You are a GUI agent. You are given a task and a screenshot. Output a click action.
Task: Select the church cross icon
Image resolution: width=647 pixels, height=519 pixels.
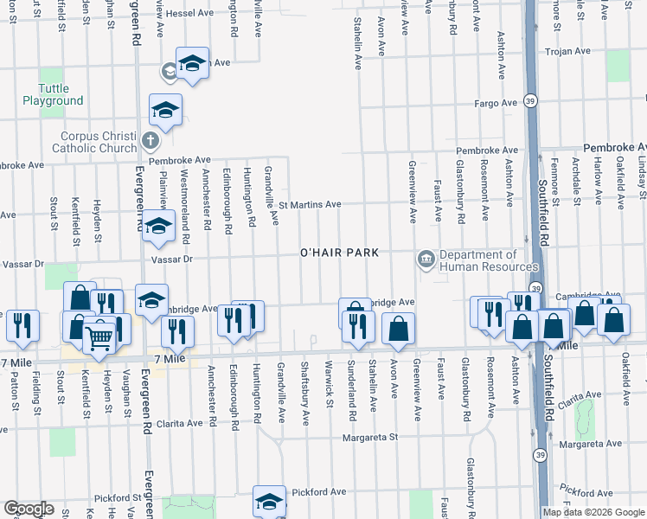(x=150, y=139)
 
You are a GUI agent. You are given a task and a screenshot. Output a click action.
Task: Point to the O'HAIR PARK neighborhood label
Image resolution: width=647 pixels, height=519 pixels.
(x=339, y=253)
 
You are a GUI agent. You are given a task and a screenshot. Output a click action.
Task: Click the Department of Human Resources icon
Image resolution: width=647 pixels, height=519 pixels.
(x=426, y=259)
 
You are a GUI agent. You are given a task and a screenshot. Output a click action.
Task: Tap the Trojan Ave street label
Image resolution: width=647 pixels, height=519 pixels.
(x=567, y=52)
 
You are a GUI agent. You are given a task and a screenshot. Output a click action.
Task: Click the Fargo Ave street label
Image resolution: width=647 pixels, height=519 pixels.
(x=496, y=104)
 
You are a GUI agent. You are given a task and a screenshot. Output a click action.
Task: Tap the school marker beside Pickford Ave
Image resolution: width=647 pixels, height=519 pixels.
(x=269, y=501)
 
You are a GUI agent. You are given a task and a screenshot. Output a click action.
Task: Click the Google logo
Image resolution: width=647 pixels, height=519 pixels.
(x=29, y=509)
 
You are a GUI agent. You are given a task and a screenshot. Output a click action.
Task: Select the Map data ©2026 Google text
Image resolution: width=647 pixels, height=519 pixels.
(x=593, y=512)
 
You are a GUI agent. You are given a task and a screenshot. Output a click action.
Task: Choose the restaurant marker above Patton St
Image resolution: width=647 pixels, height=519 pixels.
(x=22, y=325)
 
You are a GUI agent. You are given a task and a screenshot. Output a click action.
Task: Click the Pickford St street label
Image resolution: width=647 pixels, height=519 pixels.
(x=118, y=498)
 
